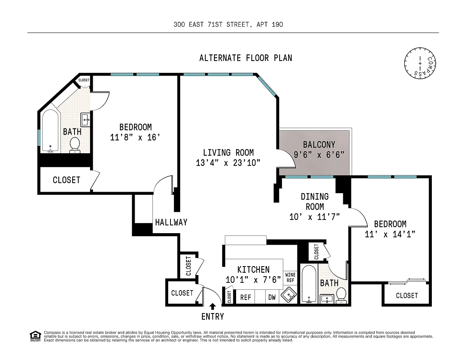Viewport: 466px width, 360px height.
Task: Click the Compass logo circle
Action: coord(420,63)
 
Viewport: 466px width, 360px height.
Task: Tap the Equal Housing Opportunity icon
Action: coord(35,336)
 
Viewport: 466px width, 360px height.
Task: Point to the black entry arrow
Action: coord(212,306)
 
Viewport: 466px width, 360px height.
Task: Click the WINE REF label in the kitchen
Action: coord(290,277)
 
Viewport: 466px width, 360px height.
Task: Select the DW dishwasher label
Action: coord(272,297)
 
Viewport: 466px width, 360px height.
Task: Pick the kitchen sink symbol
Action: coord(289,295)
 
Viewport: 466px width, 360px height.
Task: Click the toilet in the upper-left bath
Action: coord(75,145)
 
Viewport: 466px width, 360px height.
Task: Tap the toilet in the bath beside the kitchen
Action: coord(341,295)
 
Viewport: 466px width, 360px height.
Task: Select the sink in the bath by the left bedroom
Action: coord(85,120)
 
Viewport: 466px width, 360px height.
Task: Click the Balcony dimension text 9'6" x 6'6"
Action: coord(319,155)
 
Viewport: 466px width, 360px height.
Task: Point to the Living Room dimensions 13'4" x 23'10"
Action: coord(228,163)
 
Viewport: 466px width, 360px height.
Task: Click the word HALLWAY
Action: coord(171,222)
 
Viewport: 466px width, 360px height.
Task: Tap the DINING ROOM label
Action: coord(315,201)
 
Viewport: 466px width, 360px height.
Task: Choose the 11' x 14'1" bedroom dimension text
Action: coord(390,234)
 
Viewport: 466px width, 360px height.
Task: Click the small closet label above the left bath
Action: coord(84,80)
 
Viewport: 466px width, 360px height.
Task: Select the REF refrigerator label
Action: coord(245,297)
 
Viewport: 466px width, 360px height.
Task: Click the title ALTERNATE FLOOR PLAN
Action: coord(246,58)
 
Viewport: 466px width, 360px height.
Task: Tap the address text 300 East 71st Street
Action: coord(211,24)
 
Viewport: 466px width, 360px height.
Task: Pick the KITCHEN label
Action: coord(253,270)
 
